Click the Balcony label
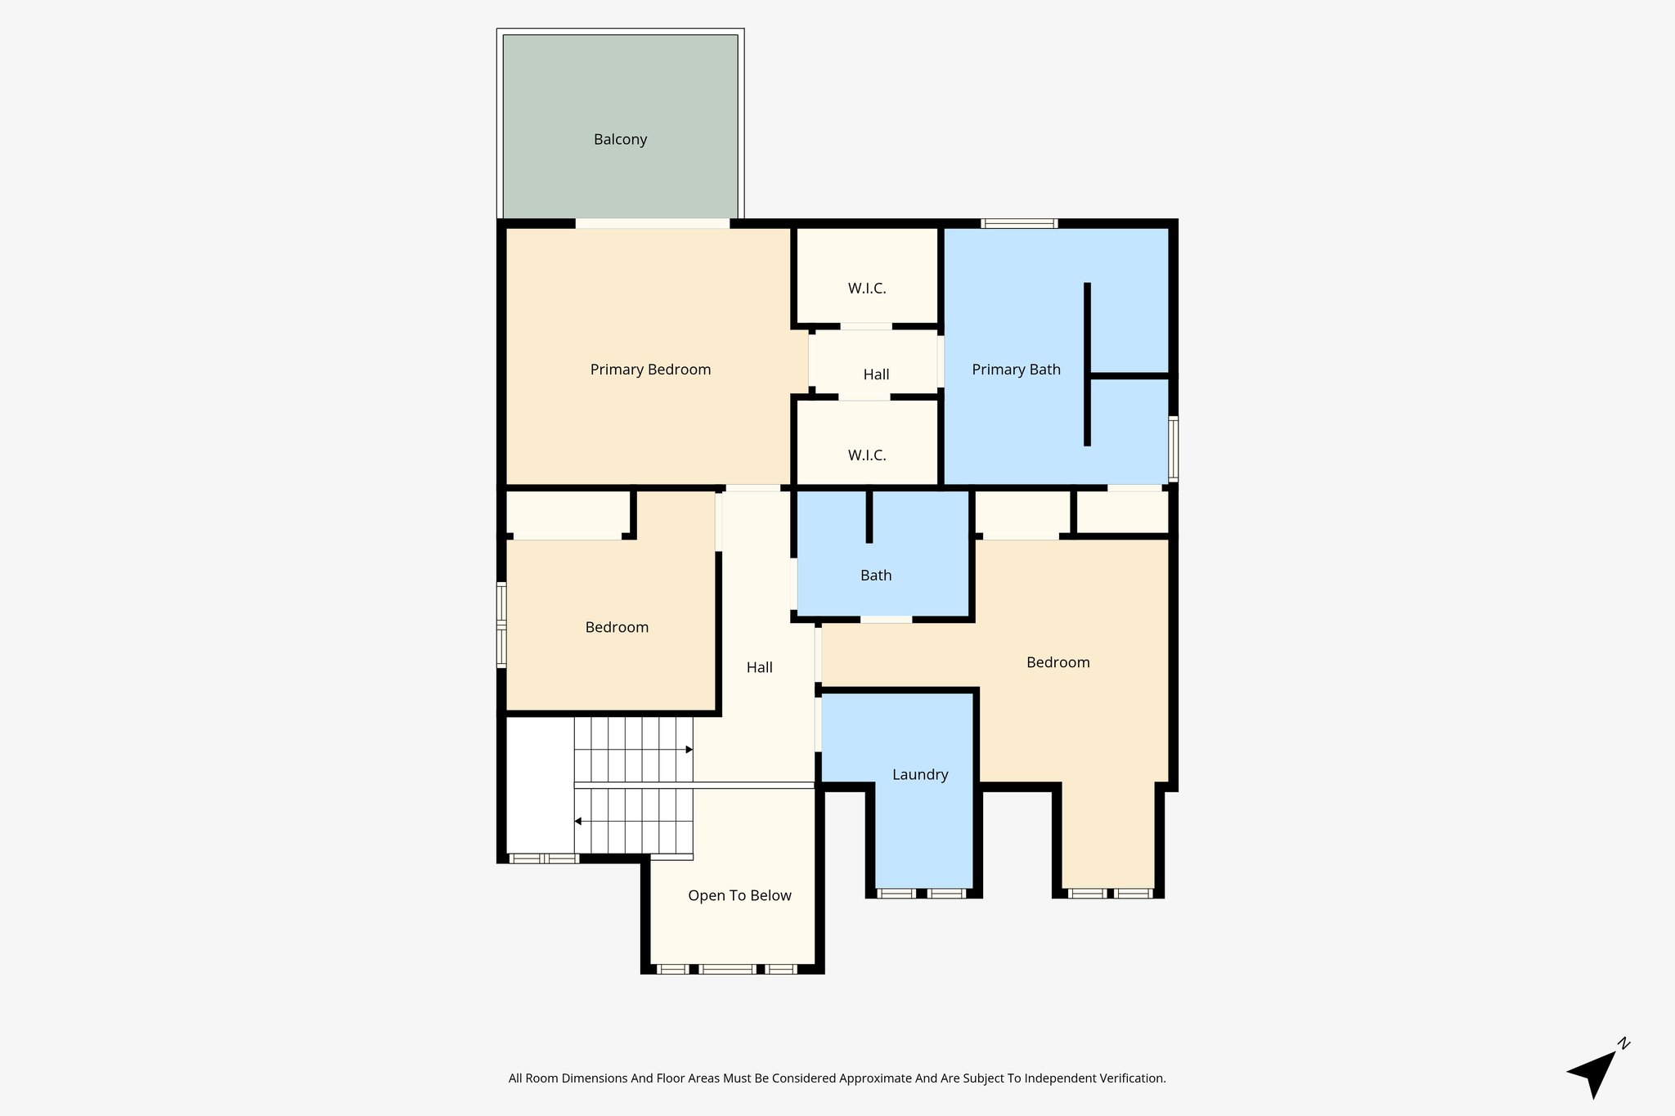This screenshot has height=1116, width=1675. coord(620,140)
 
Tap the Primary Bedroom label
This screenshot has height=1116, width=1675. coord(650,370)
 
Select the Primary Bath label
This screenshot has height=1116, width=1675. coord(1016,370)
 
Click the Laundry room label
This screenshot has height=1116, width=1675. coord(920,774)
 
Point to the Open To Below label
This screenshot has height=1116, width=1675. coord(739,895)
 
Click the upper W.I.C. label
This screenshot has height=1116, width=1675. coord(867,289)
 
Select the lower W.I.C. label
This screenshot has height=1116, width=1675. coord(867,455)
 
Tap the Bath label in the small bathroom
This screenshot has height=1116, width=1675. coord(875,576)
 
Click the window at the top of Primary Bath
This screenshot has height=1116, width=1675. coord(1019,223)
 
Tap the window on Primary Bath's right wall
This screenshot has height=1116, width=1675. coord(1173,447)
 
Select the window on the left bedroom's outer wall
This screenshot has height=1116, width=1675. coord(501,625)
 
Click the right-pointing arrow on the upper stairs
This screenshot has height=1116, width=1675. coord(689,750)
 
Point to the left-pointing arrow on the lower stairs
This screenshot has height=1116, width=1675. coord(578,821)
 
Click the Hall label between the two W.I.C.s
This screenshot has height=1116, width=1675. coord(876,374)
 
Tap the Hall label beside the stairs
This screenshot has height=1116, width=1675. coord(759,667)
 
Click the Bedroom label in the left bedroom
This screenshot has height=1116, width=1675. coord(617,627)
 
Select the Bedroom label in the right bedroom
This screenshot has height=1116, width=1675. coord(1058,662)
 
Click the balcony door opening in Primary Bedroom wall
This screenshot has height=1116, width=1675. coord(652,223)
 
